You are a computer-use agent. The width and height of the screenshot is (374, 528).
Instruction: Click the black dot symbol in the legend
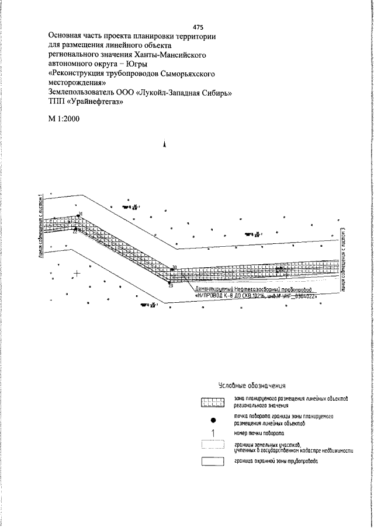point(213,419)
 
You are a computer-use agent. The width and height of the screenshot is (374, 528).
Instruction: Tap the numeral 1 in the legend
point(213,433)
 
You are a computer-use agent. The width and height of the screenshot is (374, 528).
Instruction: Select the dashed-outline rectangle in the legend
point(213,447)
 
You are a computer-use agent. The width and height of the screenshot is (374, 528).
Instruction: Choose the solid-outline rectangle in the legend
point(213,461)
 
